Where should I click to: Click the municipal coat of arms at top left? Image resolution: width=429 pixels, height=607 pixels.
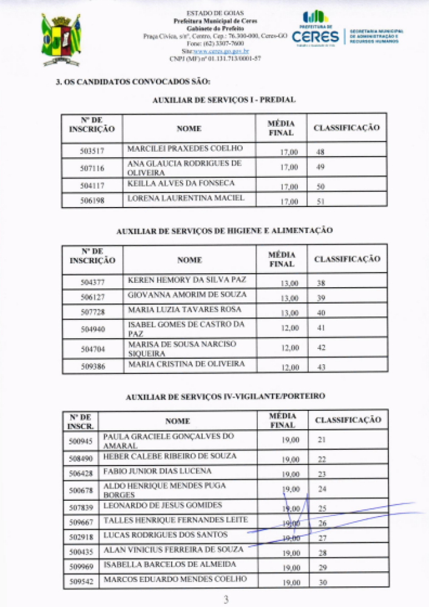(x=61, y=39)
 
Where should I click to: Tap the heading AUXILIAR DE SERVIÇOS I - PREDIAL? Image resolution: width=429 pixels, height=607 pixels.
(x=224, y=100)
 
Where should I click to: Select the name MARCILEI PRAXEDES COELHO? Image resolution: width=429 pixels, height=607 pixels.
(x=184, y=148)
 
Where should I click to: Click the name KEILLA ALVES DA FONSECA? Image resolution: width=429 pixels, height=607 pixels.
(x=181, y=183)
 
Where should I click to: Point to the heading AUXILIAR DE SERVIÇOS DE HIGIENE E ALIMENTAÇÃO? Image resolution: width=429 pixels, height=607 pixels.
(x=224, y=231)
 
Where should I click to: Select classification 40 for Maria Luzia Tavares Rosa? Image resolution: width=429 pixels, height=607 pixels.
(x=322, y=313)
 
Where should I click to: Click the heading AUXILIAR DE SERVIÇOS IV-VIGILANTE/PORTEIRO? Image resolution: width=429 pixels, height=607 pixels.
(x=225, y=396)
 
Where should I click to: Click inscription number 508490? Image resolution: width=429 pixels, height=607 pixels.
(x=81, y=459)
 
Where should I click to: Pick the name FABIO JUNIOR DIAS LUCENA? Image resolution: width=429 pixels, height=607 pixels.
(x=157, y=471)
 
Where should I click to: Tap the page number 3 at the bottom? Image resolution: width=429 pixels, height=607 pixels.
(x=226, y=600)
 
